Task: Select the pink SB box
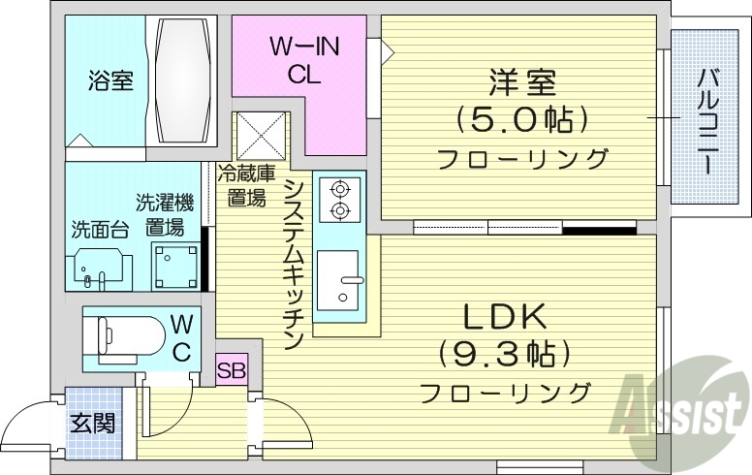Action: tap(232, 369)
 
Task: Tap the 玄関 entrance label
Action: tap(93, 423)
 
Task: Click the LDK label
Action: tap(504, 316)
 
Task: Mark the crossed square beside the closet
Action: tap(261, 136)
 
